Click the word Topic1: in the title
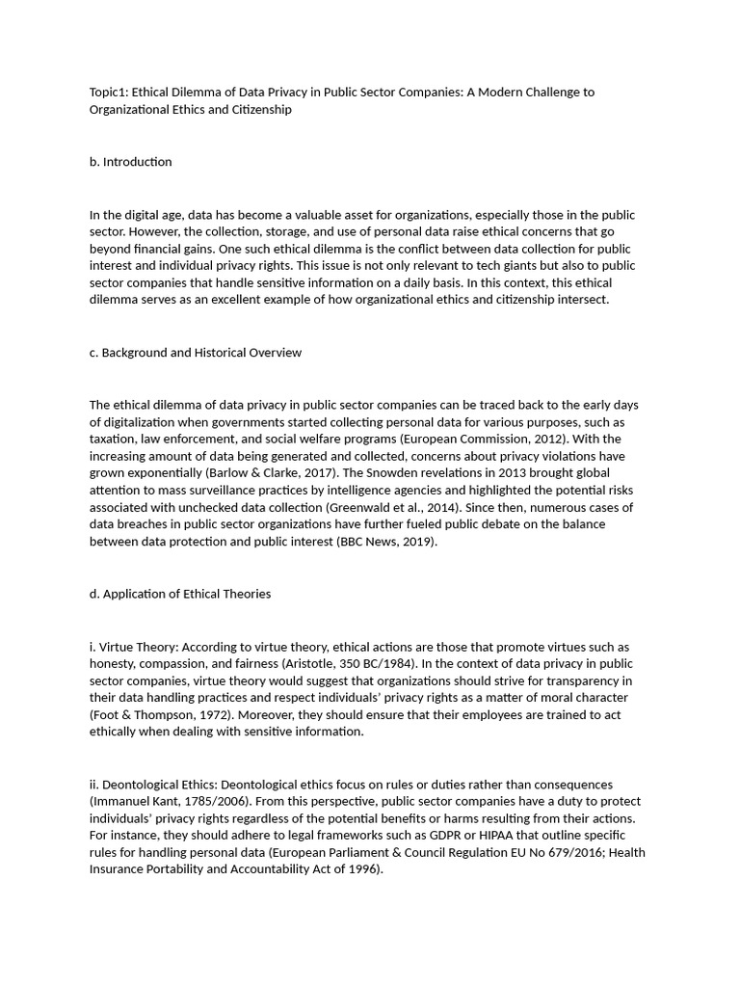(109, 93)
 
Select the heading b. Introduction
(130, 162)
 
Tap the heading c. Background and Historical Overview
(195, 353)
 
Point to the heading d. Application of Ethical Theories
(179, 594)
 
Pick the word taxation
(115, 440)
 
